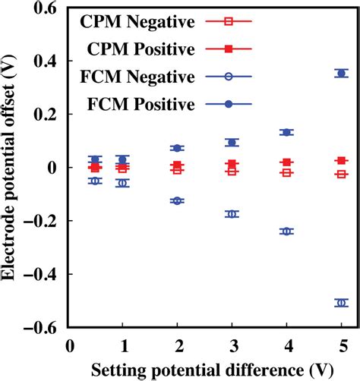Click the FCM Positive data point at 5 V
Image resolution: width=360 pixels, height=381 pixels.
coord(341,73)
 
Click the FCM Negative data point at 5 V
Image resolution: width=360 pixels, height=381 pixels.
coord(341,303)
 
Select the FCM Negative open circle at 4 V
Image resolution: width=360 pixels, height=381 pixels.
coord(286,231)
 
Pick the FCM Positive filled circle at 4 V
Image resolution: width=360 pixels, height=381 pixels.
coord(286,132)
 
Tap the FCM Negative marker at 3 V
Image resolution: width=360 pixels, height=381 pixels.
coord(232,214)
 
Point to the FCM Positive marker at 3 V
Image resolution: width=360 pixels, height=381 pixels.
coord(232,142)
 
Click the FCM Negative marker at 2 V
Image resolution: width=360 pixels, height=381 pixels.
coord(177,200)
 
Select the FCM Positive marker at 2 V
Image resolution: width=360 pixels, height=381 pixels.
coord(177,148)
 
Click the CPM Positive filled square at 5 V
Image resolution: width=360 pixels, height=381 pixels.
coord(341,161)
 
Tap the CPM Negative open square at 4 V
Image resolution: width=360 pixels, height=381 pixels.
coord(286,173)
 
